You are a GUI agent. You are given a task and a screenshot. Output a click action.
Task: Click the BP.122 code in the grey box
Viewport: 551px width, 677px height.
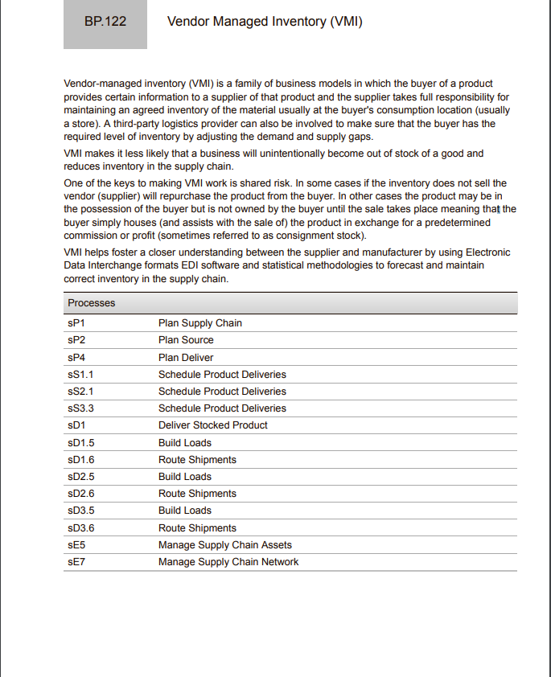105,22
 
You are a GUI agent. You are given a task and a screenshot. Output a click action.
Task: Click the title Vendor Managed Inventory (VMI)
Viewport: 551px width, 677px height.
265,22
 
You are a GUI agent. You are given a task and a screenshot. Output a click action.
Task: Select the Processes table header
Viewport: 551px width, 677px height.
92,303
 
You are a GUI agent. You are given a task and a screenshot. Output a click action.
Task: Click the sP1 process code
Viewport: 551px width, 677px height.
76,323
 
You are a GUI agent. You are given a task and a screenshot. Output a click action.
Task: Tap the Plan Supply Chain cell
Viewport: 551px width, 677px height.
199,323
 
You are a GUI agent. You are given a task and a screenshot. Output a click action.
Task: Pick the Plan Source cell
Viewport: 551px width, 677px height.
186,340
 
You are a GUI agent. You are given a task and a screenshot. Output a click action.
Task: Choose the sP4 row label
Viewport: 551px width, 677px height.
76,358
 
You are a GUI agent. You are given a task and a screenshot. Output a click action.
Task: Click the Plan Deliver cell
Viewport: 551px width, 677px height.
186,358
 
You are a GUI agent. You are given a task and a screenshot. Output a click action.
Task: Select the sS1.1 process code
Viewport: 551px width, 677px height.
81,375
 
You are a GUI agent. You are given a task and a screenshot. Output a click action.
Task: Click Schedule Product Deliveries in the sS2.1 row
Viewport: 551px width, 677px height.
222,392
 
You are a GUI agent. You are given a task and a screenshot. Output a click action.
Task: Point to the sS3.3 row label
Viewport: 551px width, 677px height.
81,408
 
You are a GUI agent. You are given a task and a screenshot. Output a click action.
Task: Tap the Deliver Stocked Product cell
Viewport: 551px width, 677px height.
212,425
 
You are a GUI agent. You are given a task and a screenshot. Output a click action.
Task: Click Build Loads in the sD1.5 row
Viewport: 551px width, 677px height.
185,443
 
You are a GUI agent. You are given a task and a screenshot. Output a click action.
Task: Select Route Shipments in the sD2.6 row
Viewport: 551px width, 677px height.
197,494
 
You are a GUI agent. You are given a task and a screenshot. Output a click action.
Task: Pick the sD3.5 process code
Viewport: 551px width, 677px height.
81,511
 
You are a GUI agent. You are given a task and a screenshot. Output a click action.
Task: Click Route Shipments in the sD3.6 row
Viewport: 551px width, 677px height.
197,528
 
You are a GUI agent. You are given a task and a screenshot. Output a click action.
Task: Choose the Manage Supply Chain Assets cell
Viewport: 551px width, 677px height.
224,545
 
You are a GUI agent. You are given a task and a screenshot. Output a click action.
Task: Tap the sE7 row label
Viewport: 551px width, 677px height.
76,562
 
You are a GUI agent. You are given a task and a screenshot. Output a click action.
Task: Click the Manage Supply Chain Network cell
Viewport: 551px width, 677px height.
228,562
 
